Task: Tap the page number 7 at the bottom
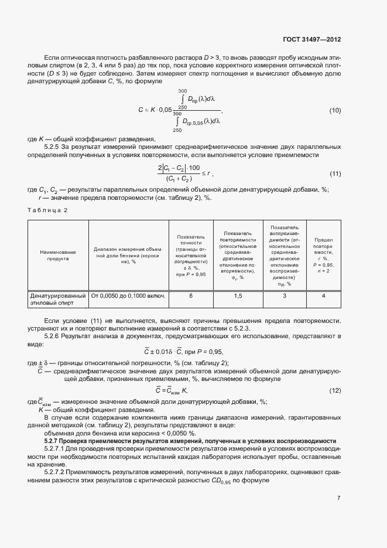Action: pyautogui.click(x=339, y=498)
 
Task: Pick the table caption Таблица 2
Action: pyautogui.click(x=48, y=210)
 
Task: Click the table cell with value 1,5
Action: pyautogui.click(x=238, y=296)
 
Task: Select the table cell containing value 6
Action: pyautogui.click(x=191, y=296)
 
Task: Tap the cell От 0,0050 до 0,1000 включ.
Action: pyautogui.click(x=128, y=296)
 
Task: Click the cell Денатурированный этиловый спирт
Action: pyautogui.click(x=58, y=299)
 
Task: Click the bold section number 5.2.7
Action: pyautogui.click(x=54, y=440)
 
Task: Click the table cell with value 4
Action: pyautogui.click(x=323, y=296)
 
